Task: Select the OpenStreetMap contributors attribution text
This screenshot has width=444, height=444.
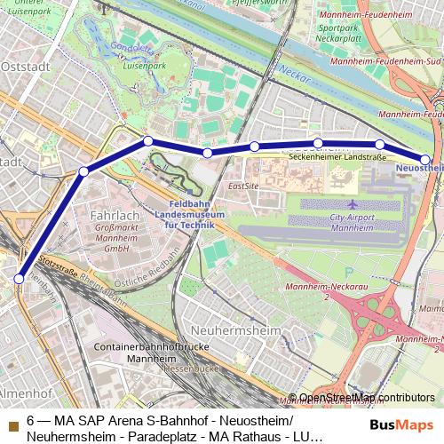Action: pos(367,398)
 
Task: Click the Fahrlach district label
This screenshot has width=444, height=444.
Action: pos(115,216)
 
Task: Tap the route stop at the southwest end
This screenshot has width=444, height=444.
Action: pos(19,279)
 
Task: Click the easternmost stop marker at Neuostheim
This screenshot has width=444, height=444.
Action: pos(426,159)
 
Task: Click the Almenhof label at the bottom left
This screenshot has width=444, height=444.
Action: pos(18,391)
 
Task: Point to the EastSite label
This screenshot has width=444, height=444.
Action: pos(242,186)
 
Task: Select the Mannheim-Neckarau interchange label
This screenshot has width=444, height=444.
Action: pos(339,265)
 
